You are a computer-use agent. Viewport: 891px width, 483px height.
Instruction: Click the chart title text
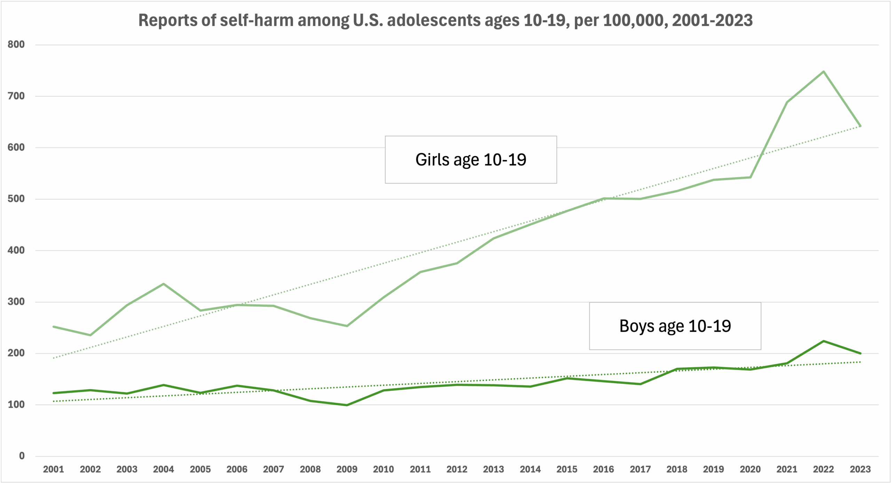coord(445,20)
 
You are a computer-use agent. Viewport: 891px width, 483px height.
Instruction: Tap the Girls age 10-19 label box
coord(471,160)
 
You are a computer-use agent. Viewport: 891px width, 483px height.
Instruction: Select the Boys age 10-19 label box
coord(675,326)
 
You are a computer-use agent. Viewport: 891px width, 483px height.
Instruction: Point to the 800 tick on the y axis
coord(16,45)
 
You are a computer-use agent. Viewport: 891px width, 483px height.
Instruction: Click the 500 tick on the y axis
coord(16,199)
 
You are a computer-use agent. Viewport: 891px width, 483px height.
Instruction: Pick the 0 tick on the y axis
coord(22,456)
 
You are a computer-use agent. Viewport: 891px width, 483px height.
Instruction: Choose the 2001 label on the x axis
coord(53,469)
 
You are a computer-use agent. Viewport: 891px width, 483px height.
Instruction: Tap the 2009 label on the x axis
coord(347,469)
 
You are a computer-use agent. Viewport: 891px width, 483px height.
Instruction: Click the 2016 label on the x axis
coord(604,469)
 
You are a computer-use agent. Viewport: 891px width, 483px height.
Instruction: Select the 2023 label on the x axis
coord(860,469)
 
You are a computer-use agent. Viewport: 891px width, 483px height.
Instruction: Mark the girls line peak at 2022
coord(823,72)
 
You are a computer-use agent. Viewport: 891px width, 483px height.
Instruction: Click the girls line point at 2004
coord(164,284)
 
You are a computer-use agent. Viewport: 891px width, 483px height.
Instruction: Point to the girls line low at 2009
coord(347,326)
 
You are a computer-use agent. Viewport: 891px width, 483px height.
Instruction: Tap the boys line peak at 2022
coord(823,341)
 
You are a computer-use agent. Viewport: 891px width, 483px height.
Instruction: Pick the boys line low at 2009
coord(347,405)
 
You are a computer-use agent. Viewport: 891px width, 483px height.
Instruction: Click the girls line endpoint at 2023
coord(860,126)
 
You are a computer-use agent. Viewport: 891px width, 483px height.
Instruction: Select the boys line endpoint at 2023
coord(860,353)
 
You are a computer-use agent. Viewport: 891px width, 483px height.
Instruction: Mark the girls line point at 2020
coord(750,177)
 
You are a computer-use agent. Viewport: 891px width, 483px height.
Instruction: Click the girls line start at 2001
coord(53,327)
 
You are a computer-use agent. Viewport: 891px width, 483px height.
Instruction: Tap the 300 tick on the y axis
coord(16,302)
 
